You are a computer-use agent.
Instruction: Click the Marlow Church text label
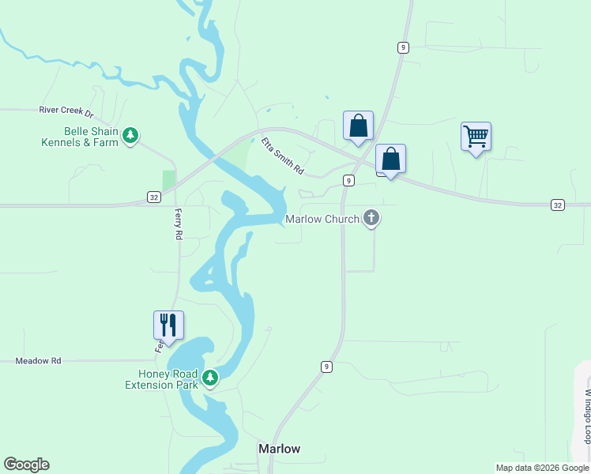coord(322,219)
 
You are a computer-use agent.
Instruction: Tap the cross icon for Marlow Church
coord(372,219)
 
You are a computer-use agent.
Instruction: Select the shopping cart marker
coord(476,137)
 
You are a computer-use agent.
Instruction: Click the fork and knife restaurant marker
coord(168,325)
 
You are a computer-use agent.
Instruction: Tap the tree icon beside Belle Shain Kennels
coord(131,137)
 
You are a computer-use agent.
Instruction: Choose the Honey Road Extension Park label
coord(160,379)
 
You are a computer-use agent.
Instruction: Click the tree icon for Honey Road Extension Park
coord(210,379)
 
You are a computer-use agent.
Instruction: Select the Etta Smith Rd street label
coord(283,156)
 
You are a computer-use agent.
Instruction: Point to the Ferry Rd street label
coord(179,225)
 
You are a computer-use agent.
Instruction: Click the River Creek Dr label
coord(66,112)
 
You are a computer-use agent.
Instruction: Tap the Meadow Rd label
coord(38,361)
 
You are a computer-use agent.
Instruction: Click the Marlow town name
coord(280,449)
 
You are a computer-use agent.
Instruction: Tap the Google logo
coord(26,465)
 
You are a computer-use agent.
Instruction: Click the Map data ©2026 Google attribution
coord(542,468)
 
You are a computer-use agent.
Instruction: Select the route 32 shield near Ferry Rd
coord(153,195)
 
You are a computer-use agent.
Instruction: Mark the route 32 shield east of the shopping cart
coord(558,205)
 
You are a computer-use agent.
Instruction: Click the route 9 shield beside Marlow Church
coord(348,181)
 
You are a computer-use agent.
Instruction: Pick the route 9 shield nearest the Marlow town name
coord(326,367)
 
